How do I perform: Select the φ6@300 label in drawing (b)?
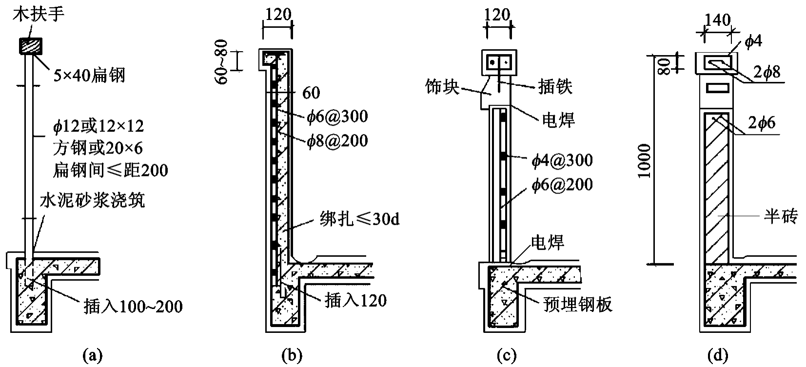coord(337,116)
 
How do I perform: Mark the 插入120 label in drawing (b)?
coord(355,300)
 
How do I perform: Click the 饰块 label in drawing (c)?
coord(442,87)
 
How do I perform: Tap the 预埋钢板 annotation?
coord(577,304)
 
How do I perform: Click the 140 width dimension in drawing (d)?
coord(717,20)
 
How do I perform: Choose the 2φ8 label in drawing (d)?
coord(767,72)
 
